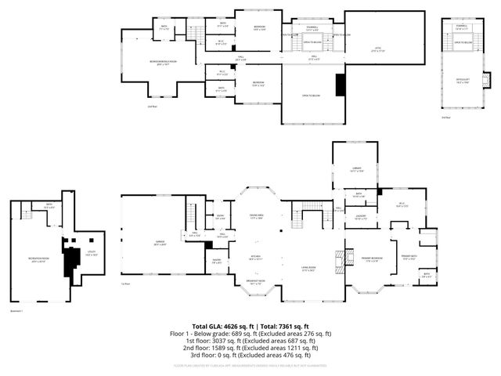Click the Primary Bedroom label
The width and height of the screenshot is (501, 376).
pyautogui.click(x=371, y=259)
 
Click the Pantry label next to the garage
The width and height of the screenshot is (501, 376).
pyautogui.click(x=216, y=261)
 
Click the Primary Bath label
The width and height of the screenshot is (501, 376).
pyautogui.click(x=409, y=258)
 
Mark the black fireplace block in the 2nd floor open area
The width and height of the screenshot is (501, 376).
pyautogui.click(x=340, y=84)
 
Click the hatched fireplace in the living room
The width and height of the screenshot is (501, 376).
pyautogui.click(x=339, y=259)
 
